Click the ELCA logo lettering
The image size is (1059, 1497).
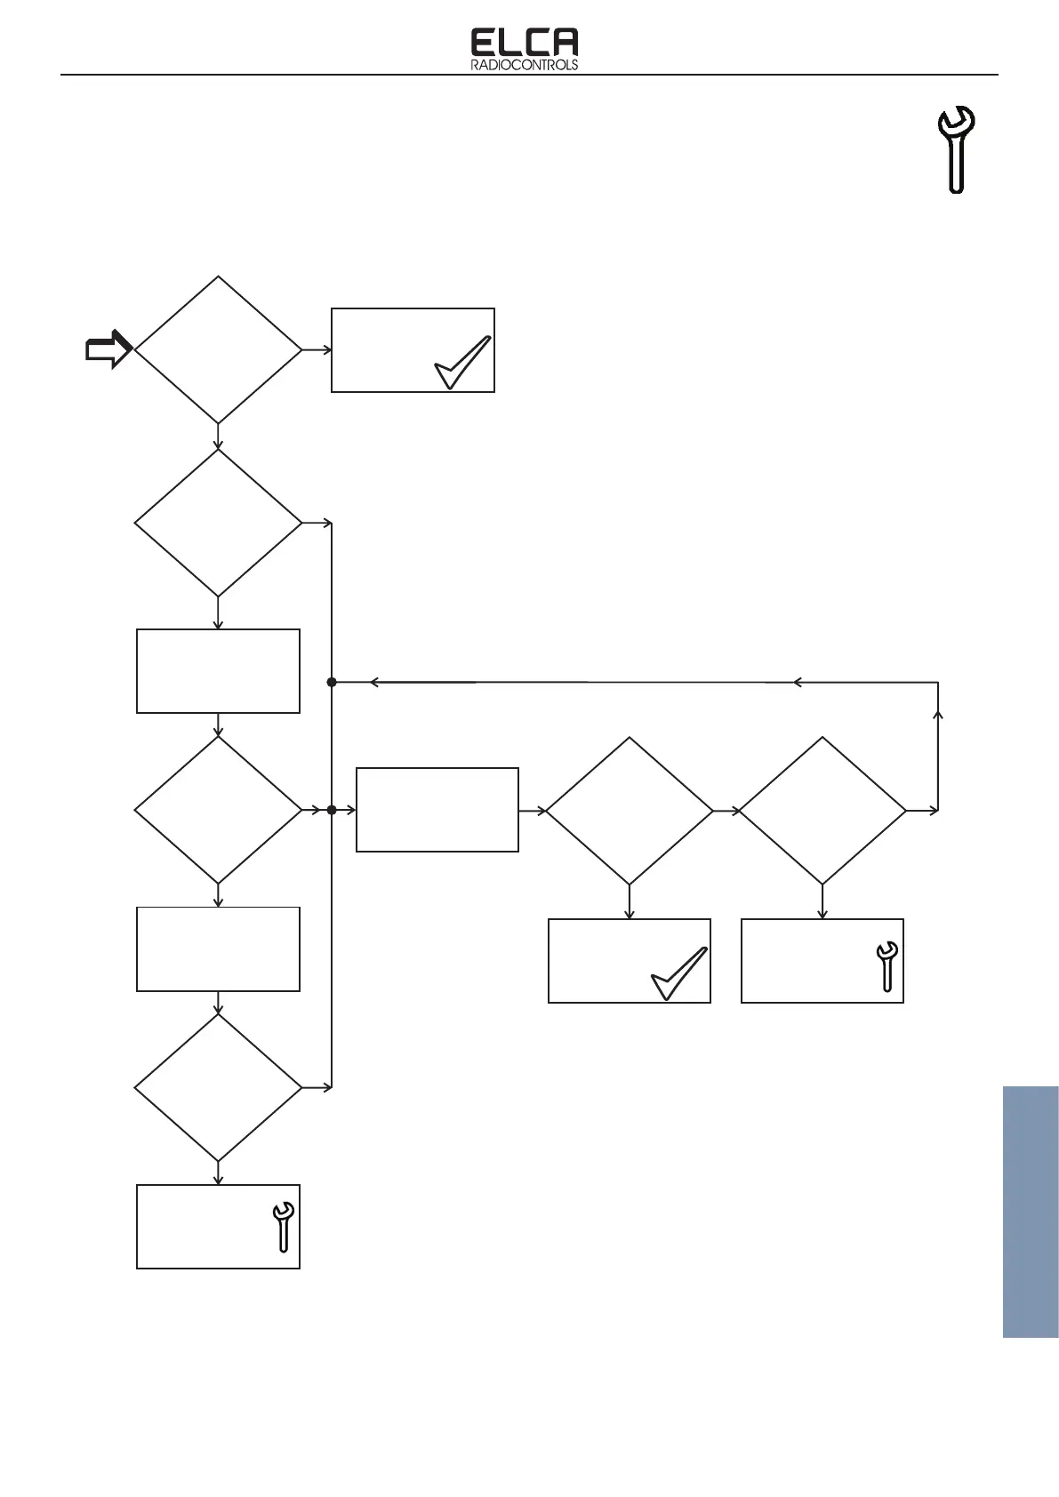(x=524, y=43)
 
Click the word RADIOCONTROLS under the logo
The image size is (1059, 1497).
(x=524, y=65)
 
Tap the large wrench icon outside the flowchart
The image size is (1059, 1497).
(x=957, y=148)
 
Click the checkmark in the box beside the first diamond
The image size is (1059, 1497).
(x=462, y=362)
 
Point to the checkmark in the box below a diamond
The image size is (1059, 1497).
(x=679, y=973)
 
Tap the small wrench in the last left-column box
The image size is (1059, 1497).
(x=283, y=1227)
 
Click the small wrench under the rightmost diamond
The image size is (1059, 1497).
(x=887, y=966)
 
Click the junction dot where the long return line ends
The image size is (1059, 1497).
(x=332, y=682)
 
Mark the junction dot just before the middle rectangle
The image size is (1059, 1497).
(x=332, y=810)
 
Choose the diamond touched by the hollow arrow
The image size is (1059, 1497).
(x=218, y=349)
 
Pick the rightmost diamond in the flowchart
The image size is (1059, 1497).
(x=822, y=810)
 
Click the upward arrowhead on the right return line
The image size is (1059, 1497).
(x=938, y=714)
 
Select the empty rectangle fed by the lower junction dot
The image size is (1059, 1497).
(x=437, y=810)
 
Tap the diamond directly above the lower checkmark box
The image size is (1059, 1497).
(x=629, y=810)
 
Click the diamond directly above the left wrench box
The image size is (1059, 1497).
(x=218, y=1087)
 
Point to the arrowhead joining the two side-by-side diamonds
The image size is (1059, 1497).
(x=735, y=810)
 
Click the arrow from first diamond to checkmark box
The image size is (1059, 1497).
(x=317, y=349)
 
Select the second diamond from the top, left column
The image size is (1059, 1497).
(x=218, y=523)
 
